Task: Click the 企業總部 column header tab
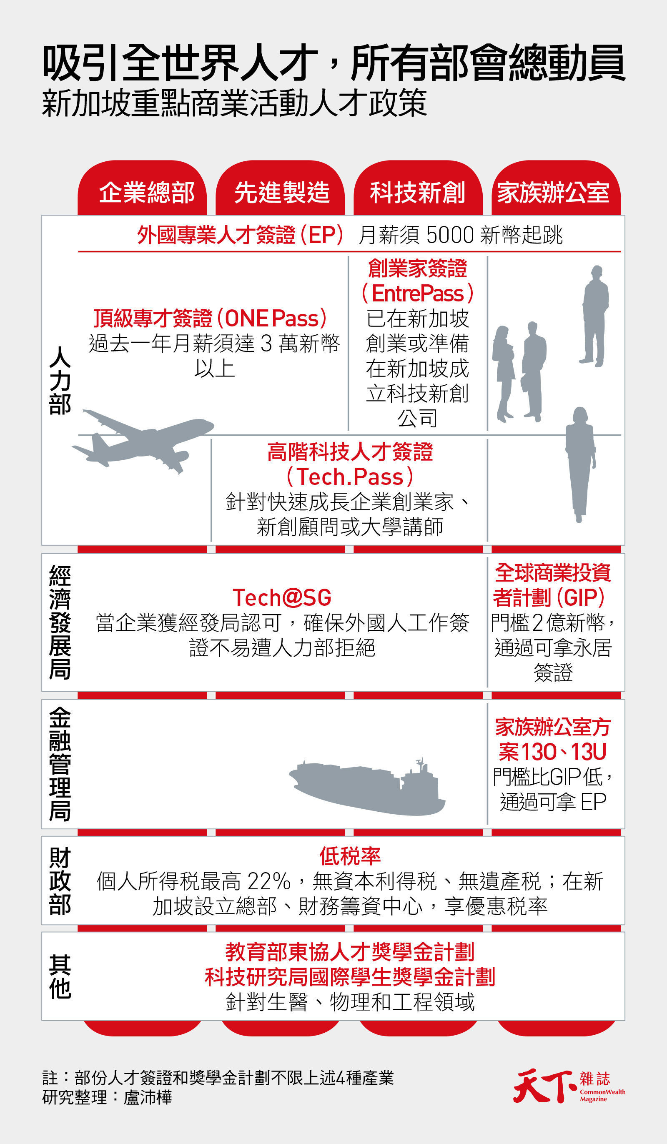[146, 192]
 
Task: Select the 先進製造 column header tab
[281, 192]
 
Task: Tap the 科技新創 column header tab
[417, 192]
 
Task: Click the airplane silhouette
[143, 440]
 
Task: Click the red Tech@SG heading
[282, 597]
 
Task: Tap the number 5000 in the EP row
[450, 235]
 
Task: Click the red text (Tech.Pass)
[350, 477]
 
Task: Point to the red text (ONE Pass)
[271, 318]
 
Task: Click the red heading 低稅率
[350, 856]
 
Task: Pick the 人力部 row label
[60, 380]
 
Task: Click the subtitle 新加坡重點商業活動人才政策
[234, 103]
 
